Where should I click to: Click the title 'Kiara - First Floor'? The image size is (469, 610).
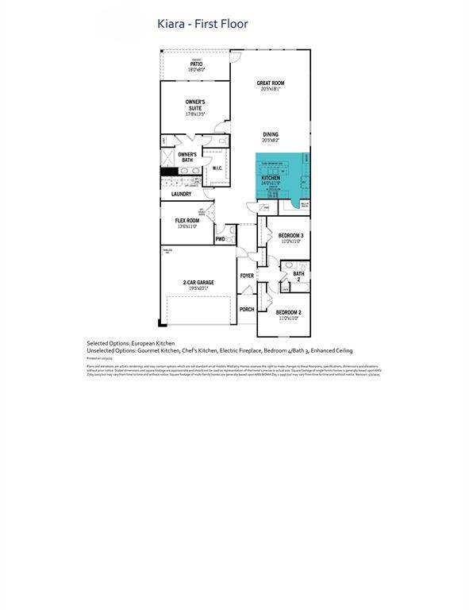pyautogui.click(x=202, y=24)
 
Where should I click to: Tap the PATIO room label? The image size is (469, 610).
pyautogui.click(x=195, y=63)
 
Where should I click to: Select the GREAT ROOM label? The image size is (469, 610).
pyautogui.click(x=271, y=83)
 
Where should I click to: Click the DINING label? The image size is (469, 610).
pyautogui.click(x=271, y=134)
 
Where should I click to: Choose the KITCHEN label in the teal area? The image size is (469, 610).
pyautogui.click(x=271, y=178)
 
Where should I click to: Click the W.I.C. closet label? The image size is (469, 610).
pyautogui.click(x=217, y=168)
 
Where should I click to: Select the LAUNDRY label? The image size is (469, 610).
pyautogui.click(x=181, y=194)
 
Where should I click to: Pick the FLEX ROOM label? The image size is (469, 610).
pyautogui.click(x=187, y=221)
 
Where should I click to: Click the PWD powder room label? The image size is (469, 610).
pyautogui.click(x=220, y=239)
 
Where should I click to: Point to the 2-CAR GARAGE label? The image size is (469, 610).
pyautogui.click(x=198, y=282)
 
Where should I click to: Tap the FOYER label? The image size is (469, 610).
pyautogui.click(x=247, y=276)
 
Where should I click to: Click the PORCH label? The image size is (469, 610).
pyautogui.click(x=247, y=309)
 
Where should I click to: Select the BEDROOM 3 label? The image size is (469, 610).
pyautogui.click(x=290, y=236)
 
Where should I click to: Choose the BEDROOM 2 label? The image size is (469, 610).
pyautogui.click(x=288, y=312)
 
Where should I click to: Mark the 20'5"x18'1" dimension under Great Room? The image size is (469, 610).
pyautogui.click(x=271, y=89)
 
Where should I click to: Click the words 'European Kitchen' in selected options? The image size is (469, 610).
pyautogui.click(x=156, y=342)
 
